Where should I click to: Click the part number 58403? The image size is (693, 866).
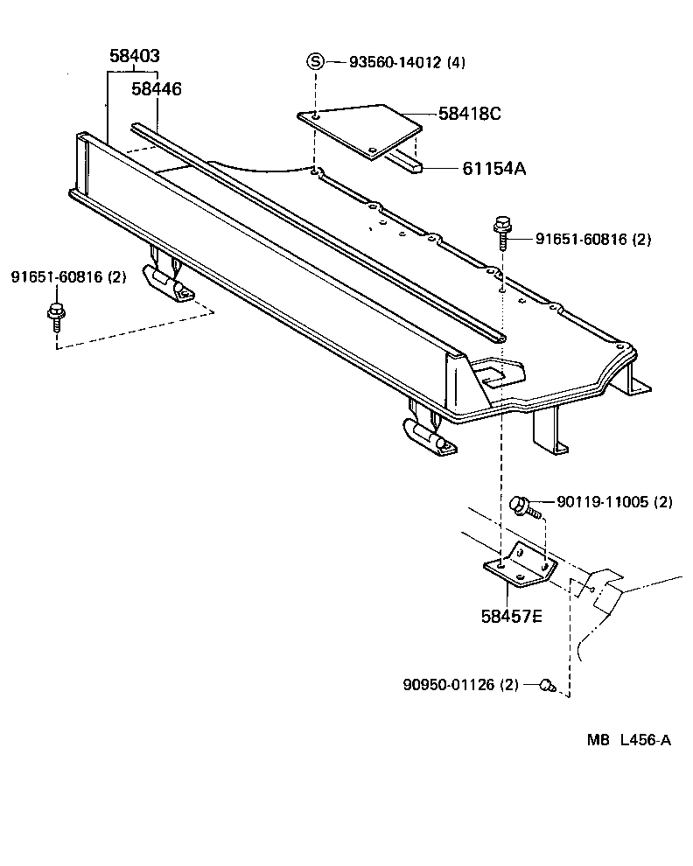coord(134,57)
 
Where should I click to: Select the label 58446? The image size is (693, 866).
coord(157,88)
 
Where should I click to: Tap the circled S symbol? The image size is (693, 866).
coord(315,61)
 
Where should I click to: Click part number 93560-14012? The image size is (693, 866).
coord(395,62)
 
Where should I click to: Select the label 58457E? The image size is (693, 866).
coord(511,616)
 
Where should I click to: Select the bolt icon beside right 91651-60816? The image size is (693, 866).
coord(503,229)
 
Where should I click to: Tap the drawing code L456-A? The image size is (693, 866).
coord(645,740)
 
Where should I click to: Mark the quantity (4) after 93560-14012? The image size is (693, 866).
coord(456,62)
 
